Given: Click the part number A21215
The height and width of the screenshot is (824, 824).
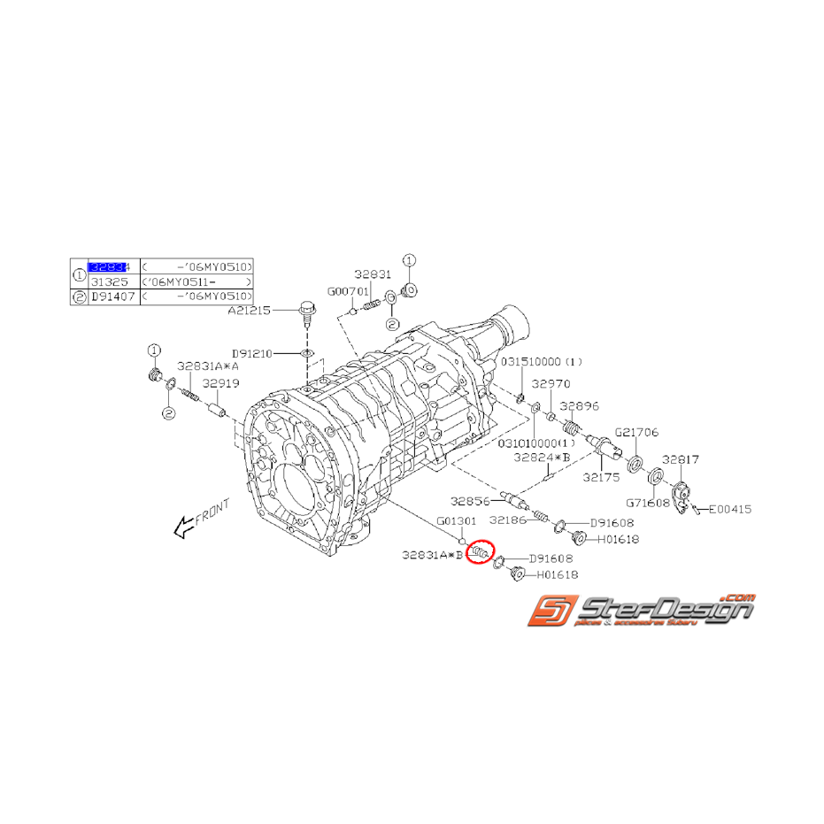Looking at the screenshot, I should click(x=250, y=311).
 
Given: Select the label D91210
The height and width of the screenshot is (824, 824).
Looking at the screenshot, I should click(x=254, y=353).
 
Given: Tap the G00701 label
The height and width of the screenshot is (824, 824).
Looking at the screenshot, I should click(x=347, y=290).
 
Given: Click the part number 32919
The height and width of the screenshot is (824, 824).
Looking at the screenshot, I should click(x=221, y=384).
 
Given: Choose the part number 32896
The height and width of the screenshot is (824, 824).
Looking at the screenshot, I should click(x=581, y=405).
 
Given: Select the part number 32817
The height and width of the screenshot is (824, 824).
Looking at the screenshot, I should click(x=682, y=459).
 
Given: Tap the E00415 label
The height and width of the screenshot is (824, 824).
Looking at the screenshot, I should click(x=729, y=509).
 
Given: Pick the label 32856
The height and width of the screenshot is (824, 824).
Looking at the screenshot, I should click(x=469, y=500).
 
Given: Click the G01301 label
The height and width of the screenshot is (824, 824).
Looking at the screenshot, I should click(x=457, y=520).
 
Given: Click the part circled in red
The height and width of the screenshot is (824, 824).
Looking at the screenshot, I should click(x=481, y=554).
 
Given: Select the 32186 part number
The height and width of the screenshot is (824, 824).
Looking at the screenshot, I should click(x=509, y=520).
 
